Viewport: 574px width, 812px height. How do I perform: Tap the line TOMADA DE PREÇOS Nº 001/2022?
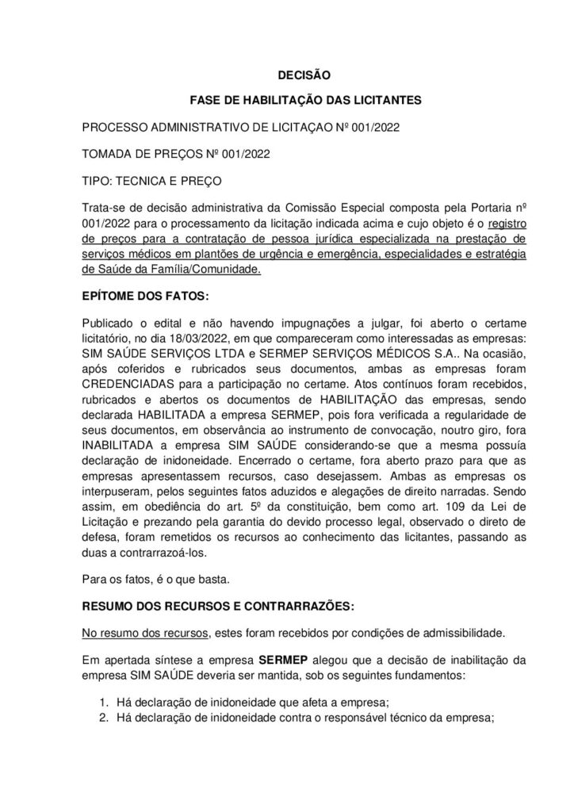pos(177,154)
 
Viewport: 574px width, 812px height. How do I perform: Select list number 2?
pos(104,719)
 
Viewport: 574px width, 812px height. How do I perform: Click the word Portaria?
pos(437,208)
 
